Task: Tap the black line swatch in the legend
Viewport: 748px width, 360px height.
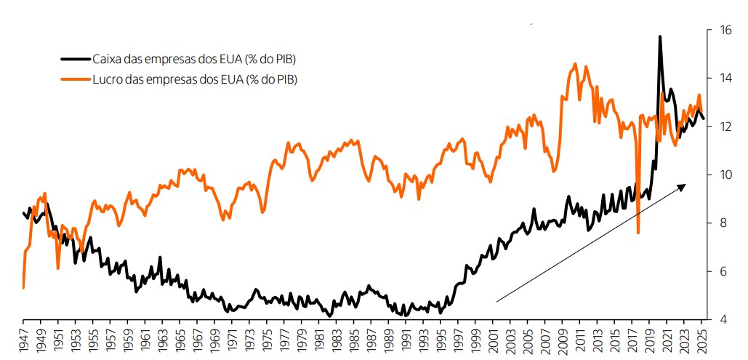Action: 75,59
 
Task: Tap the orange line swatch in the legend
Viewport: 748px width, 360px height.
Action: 75,79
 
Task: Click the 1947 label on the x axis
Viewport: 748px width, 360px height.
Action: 23,340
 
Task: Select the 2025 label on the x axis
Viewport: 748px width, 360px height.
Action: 702,340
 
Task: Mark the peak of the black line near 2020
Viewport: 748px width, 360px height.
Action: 659,36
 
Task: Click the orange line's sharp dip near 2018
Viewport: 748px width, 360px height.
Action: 638,233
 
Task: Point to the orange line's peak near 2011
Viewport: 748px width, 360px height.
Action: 575,64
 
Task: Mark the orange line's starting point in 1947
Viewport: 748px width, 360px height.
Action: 23,288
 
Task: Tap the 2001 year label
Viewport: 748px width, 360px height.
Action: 494,340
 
